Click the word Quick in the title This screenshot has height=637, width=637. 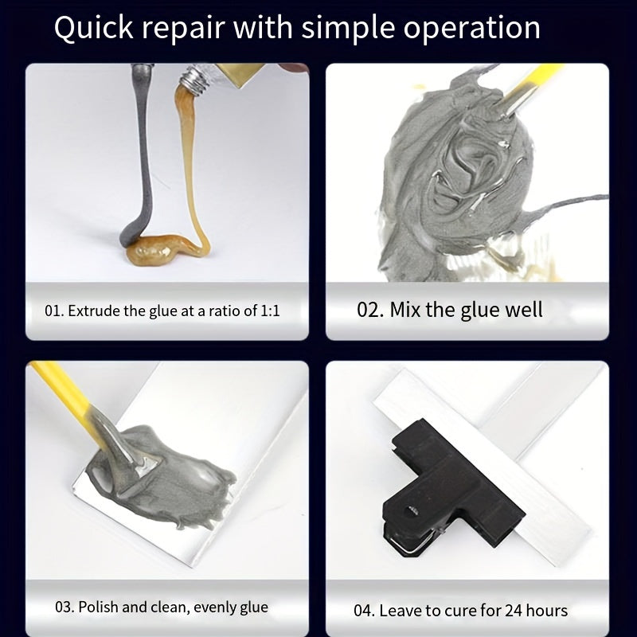tap(94, 28)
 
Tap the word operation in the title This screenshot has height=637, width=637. tap(471, 29)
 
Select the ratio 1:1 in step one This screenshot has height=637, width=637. tap(270, 311)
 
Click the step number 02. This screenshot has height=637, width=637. tap(370, 310)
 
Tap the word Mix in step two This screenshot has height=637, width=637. tap(405, 310)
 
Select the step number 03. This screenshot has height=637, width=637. tap(65, 608)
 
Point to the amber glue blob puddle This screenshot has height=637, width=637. tap(156, 249)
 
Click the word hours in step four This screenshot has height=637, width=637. tap(546, 611)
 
